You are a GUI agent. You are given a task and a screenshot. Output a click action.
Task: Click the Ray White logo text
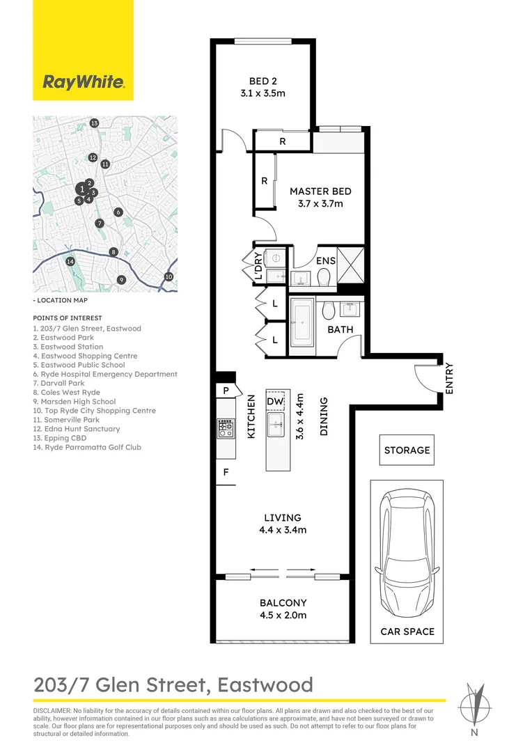[84, 82]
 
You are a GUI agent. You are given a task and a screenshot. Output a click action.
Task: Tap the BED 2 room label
[263, 81]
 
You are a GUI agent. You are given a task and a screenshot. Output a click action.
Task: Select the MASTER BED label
[320, 191]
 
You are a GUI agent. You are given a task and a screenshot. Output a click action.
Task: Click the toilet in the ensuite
[324, 276]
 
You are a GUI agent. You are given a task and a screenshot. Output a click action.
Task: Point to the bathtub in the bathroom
[302, 324]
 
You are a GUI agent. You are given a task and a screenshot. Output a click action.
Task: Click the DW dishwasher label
[275, 401]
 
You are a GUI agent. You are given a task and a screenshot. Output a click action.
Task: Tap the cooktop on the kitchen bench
[226, 428]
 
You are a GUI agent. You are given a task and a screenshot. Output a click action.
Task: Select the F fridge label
[226, 472]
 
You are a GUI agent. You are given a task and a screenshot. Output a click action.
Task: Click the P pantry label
[226, 391]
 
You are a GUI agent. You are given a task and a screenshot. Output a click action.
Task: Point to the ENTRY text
[449, 378]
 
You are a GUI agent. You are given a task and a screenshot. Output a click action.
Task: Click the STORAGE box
[407, 450]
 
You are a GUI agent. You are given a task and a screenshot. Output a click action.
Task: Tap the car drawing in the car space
[407, 554]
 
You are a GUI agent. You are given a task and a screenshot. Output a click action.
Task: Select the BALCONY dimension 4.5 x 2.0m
[283, 615]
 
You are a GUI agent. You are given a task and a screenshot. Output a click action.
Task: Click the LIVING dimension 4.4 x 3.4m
[283, 530]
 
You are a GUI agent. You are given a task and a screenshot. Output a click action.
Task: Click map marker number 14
[70, 261]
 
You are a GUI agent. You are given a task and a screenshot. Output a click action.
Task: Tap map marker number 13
[94, 123]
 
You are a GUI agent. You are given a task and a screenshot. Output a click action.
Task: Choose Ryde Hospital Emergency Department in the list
[105, 374]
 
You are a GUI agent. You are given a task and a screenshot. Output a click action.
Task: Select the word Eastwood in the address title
[265, 685]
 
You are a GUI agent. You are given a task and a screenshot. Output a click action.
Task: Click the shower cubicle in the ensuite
[351, 265]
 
